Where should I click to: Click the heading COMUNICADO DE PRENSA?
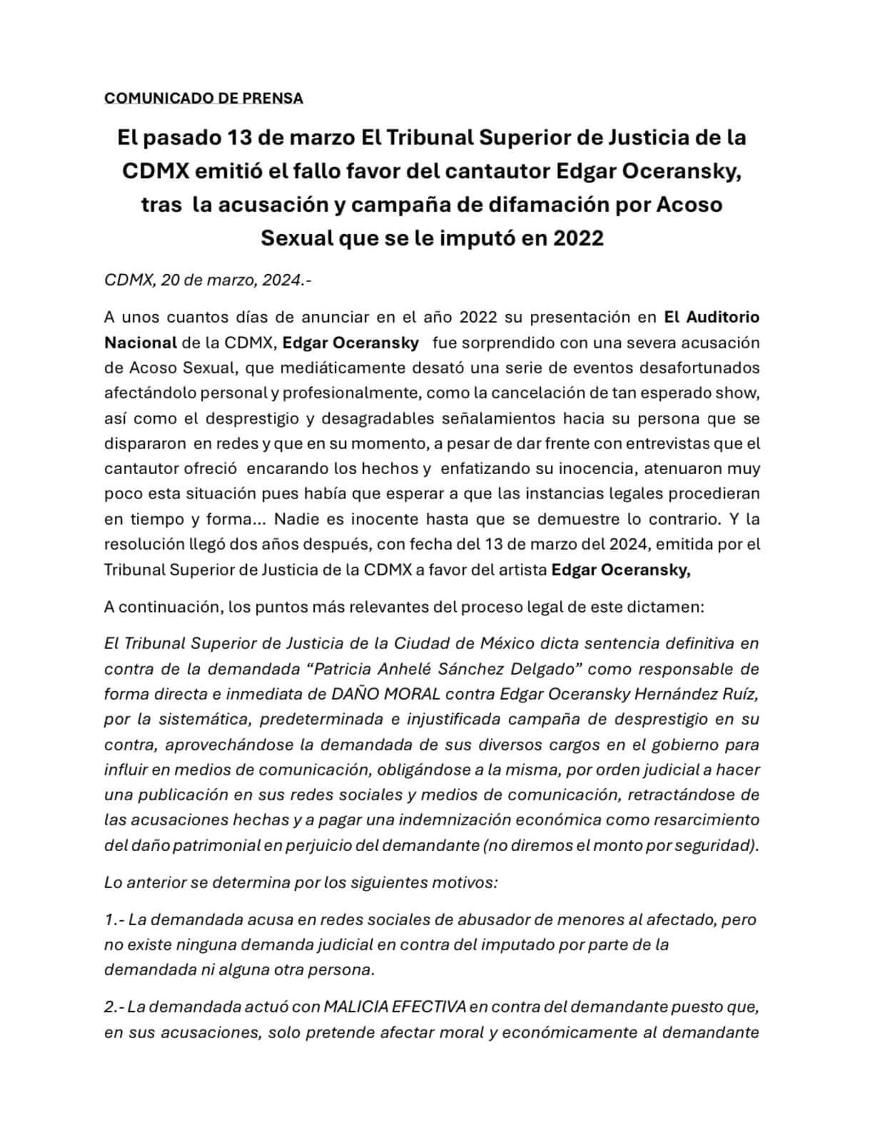coord(203,99)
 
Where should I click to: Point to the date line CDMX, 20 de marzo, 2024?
coord(208,281)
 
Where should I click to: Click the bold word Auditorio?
coord(721,317)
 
